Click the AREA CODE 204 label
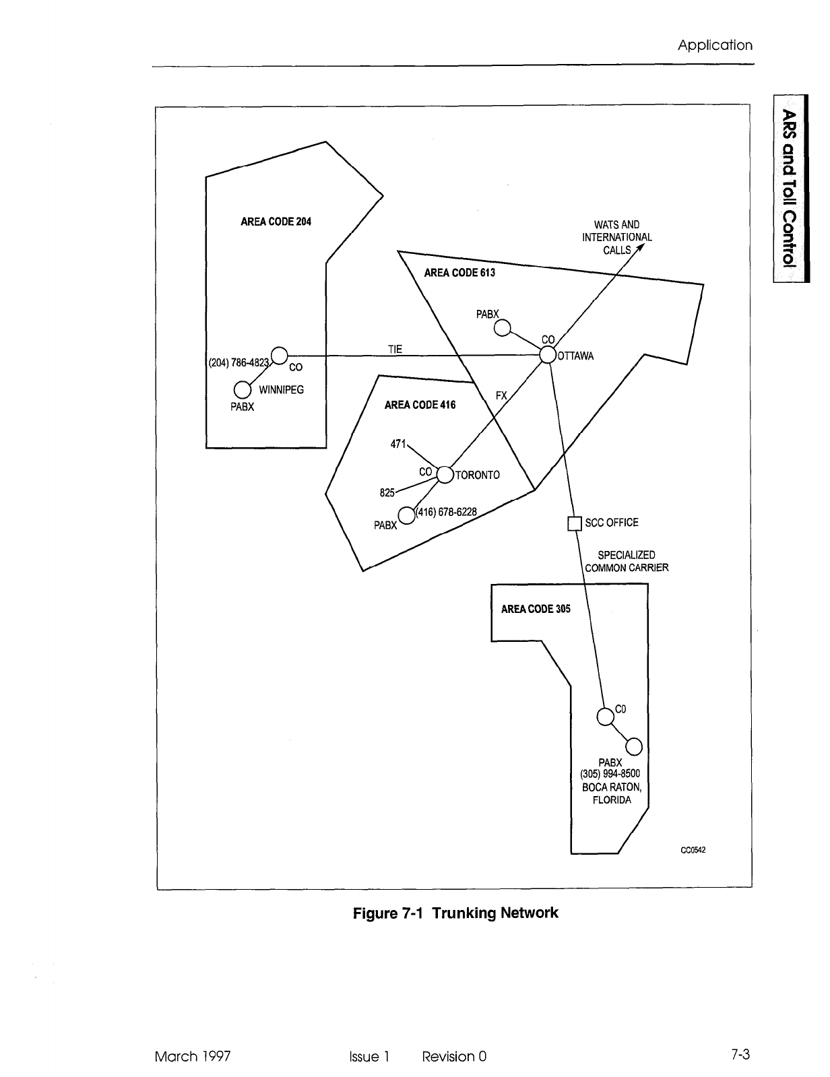pos(276,221)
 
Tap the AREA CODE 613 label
pos(459,273)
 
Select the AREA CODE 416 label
pos(420,405)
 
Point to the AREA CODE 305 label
pos(536,609)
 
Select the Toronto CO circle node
pos(445,475)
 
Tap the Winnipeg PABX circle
pos(242,390)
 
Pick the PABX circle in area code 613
pos(502,328)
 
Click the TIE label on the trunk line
pos(395,349)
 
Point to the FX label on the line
pos(501,396)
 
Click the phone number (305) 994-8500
pos(610,774)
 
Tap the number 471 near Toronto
pos(398,444)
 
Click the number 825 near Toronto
pos(387,492)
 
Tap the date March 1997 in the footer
pos(193,1056)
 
